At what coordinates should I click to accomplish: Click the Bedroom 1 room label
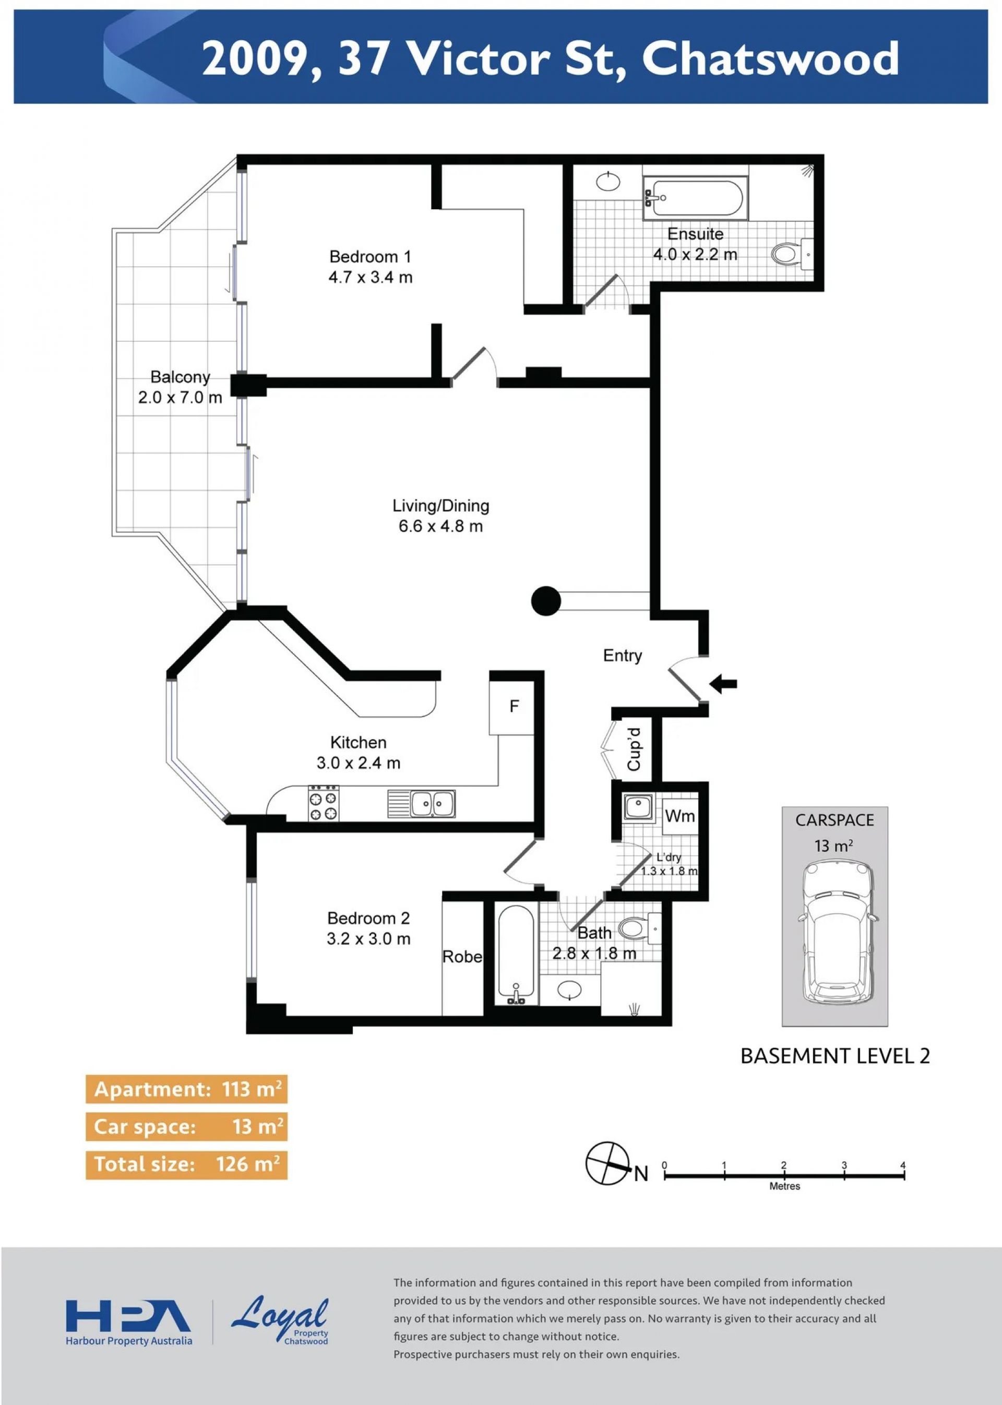point(370,256)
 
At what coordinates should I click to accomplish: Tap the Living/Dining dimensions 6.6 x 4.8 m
point(440,526)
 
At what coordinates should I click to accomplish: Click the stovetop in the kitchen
point(324,803)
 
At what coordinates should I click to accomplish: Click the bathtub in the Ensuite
point(695,198)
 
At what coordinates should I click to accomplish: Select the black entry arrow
point(723,683)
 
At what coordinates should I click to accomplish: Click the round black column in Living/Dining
point(546,600)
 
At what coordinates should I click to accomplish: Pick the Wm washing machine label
point(680,816)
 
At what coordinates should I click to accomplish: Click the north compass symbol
point(608,1163)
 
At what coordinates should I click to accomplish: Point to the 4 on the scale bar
point(903,1165)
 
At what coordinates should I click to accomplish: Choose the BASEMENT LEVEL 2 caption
point(835,1056)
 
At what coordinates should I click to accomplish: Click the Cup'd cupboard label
point(634,749)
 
